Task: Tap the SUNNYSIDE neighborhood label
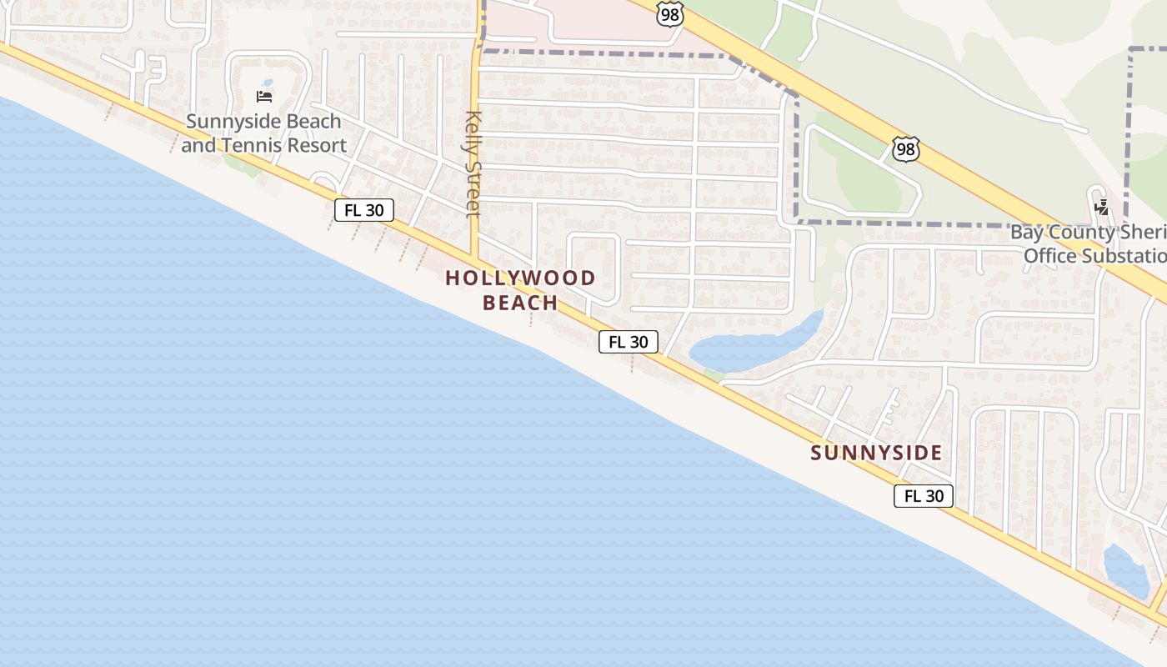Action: pyautogui.click(x=876, y=453)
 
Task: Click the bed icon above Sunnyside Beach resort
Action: pyautogui.click(x=264, y=96)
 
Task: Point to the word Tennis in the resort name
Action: pyautogui.click(x=251, y=145)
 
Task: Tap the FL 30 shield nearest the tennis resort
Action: pyautogui.click(x=364, y=210)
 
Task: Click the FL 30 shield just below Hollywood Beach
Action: pyautogui.click(x=628, y=341)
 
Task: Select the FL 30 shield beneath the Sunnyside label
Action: pyautogui.click(x=924, y=496)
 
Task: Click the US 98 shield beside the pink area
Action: pyautogui.click(x=669, y=13)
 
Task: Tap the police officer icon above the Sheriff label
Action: pyautogui.click(x=1102, y=206)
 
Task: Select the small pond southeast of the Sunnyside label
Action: pyautogui.click(x=1125, y=572)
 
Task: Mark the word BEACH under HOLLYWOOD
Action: pyautogui.click(x=520, y=302)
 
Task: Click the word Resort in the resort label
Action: pyautogui.click(x=313, y=145)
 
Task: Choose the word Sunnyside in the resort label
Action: pyautogui.click(x=225, y=122)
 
